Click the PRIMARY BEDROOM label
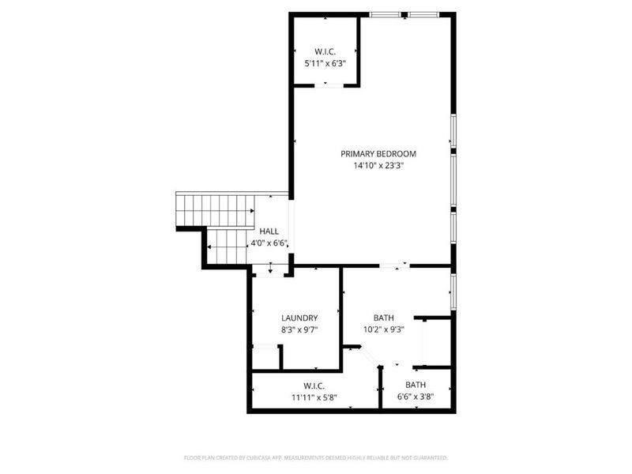[378, 154]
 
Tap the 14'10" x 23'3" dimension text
[378, 166]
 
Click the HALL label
[269, 231]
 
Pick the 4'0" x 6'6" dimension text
[269, 243]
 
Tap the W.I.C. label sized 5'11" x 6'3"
[325, 51]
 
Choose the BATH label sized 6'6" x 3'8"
[416, 385]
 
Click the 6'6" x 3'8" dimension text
[416, 397]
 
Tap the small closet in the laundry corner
[265, 358]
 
